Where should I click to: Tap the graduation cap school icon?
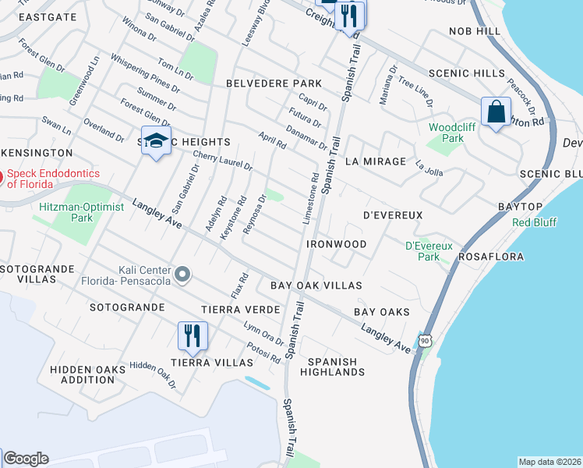(156, 141)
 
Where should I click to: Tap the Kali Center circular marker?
(183, 273)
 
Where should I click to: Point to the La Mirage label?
(376, 161)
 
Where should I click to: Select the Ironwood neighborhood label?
(336, 244)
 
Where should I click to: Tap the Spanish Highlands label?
(336, 367)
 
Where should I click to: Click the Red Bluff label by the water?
(534, 222)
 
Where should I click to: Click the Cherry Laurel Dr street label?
(222, 161)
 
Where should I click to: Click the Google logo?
(26, 459)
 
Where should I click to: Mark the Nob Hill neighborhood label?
(474, 31)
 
